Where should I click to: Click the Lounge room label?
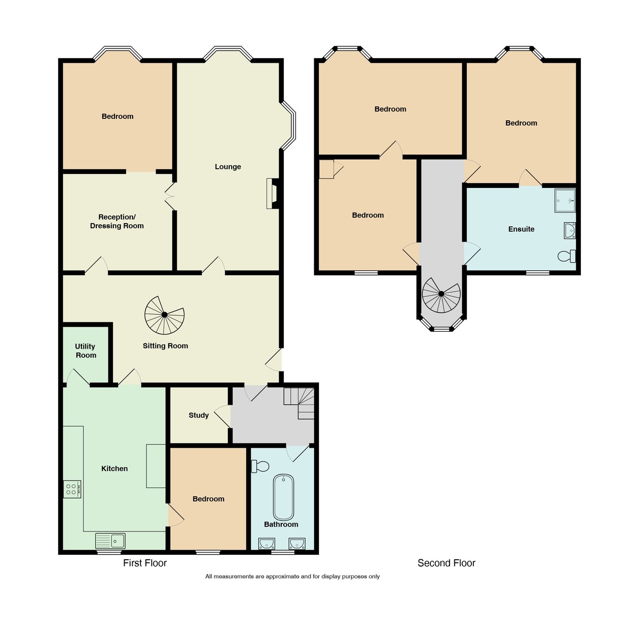(228, 167)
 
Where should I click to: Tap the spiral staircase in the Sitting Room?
(165, 315)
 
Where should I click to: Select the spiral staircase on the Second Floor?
(441, 294)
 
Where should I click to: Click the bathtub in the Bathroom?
(283, 497)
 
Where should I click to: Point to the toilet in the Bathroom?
(260, 466)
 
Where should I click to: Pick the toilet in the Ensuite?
(567, 256)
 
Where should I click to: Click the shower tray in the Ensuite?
(565, 200)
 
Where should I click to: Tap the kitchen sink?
(110, 540)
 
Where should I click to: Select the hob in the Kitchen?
(72, 489)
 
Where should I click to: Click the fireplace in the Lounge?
(272, 193)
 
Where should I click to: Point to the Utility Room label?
(85, 351)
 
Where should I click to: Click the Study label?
(199, 415)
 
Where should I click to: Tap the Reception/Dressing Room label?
(117, 222)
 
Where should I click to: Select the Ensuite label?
(521, 229)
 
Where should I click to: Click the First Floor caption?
(145, 563)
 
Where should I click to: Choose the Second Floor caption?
(446, 563)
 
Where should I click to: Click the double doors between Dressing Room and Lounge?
(170, 196)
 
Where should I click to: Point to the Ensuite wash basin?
(569, 230)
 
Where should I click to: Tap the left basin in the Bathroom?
(267, 543)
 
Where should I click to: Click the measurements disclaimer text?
(292, 577)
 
